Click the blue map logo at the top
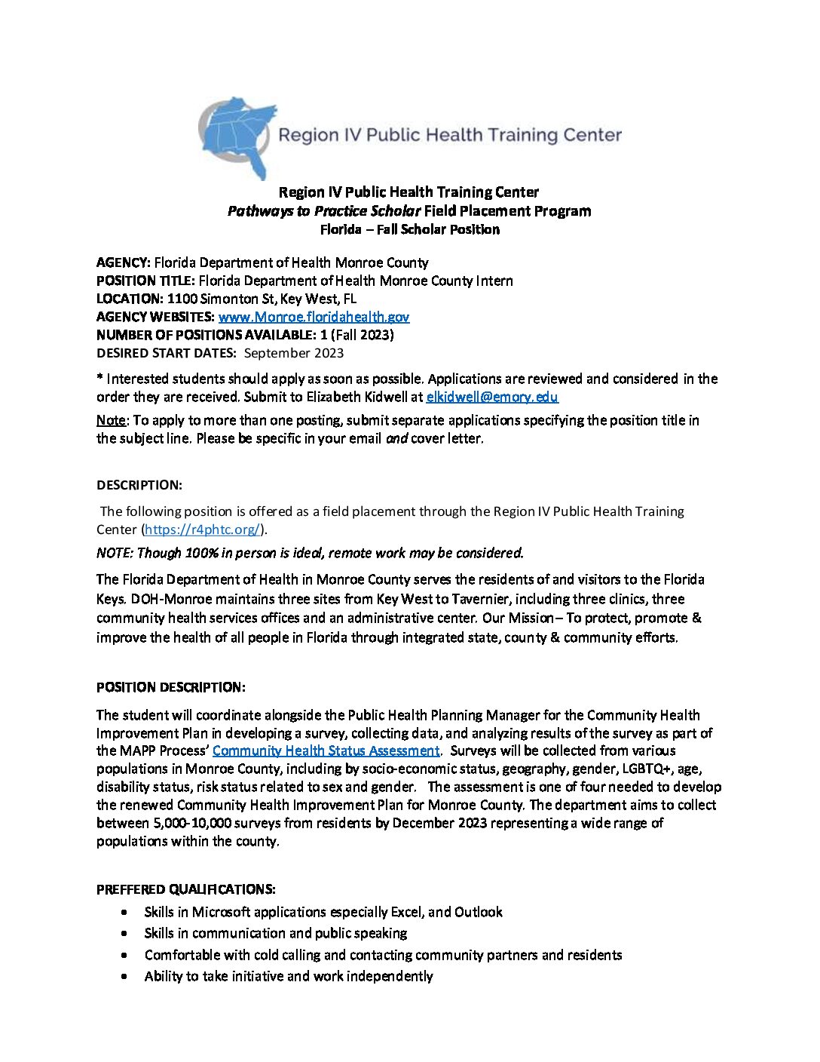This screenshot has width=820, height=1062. click(237, 136)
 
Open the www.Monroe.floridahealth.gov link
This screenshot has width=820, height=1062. click(314, 317)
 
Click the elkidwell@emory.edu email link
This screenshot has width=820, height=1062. click(492, 397)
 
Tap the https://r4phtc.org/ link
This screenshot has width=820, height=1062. click(203, 529)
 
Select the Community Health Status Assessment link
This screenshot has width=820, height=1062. click(326, 750)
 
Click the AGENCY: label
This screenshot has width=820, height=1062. click(124, 262)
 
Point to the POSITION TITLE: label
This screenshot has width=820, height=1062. click(145, 281)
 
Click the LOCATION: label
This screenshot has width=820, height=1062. click(130, 299)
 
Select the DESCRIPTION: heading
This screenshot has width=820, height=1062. click(139, 484)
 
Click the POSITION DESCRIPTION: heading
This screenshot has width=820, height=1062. click(170, 687)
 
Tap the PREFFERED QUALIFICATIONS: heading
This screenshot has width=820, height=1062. click(185, 889)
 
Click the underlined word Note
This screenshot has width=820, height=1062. click(111, 420)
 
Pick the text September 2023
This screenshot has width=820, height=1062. click(294, 353)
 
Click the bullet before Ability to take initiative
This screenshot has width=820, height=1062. click(124, 977)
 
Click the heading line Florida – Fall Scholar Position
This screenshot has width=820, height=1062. click(409, 229)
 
